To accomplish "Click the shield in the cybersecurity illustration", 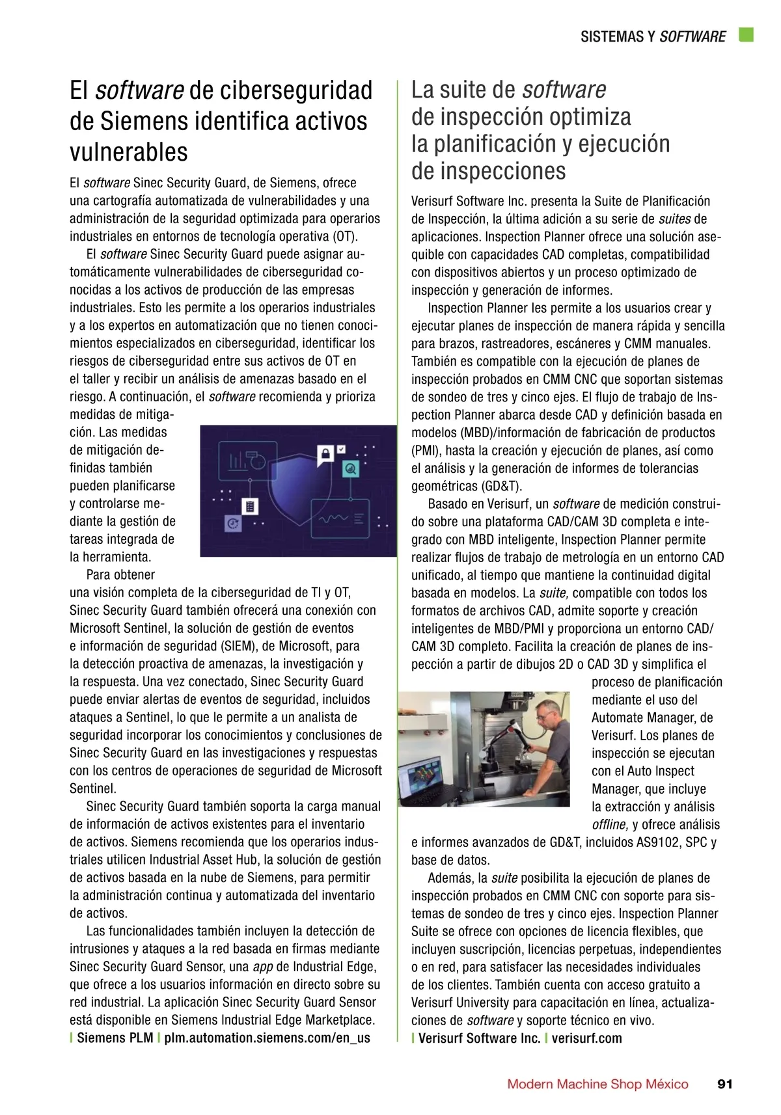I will pyautogui.click(x=299, y=491).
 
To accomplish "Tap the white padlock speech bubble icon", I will pyautogui.click(x=324, y=455).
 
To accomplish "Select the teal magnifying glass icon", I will pyautogui.click(x=351, y=468).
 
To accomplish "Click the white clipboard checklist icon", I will pyautogui.click(x=249, y=506).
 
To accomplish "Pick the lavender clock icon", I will pyautogui.click(x=232, y=523).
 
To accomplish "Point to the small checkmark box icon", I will pyautogui.click(x=342, y=449).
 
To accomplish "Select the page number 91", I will pyautogui.click(x=724, y=1084).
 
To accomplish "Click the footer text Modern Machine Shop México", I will pyautogui.click(x=597, y=1084).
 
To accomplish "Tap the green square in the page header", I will pyautogui.click(x=746, y=35).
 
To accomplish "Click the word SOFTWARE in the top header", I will pyautogui.click(x=692, y=36).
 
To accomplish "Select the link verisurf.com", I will pyautogui.click(x=586, y=1038).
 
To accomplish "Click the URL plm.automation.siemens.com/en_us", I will pyautogui.click(x=267, y=1038).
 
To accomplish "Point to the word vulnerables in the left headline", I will pyautogui.click(x=129, y=152).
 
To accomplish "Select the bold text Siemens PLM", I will pyautogui.click(x=115, y=1038).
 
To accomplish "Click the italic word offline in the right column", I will pyautogui.click(x=609, y=825).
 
